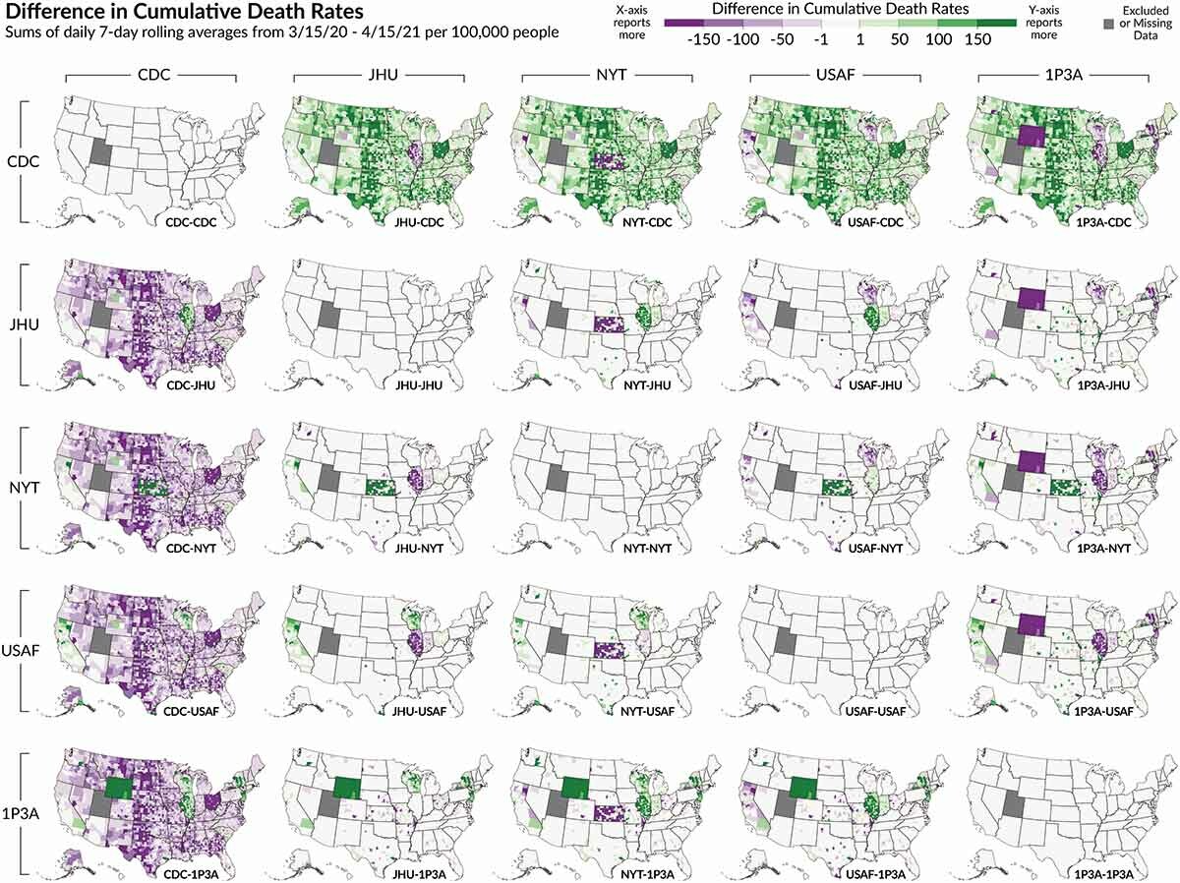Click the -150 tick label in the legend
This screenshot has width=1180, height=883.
click(708, 41)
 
